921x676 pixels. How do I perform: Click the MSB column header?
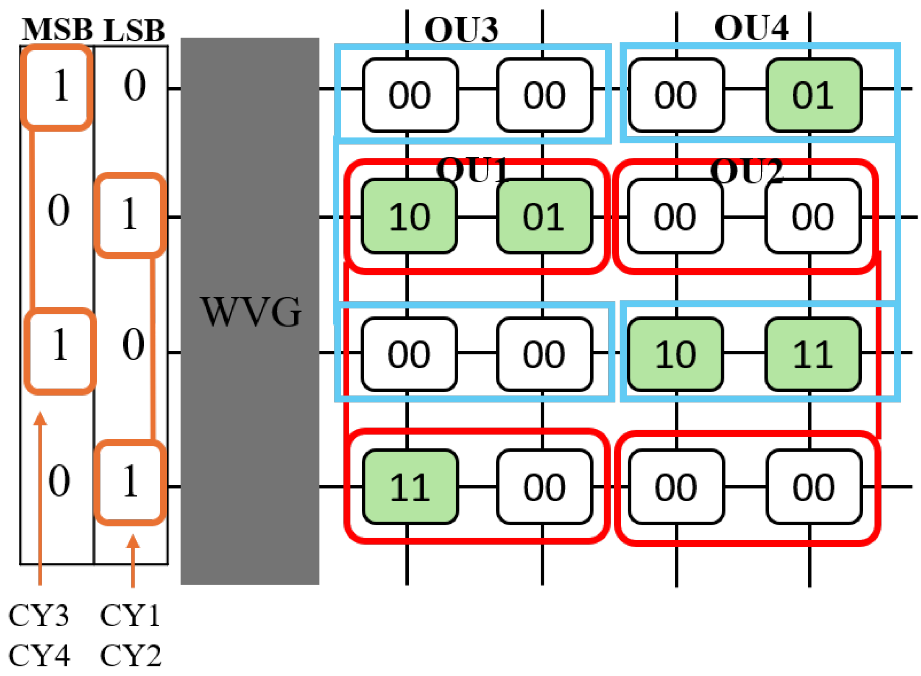(x=57, y=30)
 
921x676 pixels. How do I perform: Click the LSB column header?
(x=134, y=30)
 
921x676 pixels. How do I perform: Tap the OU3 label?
(x=461, y=30)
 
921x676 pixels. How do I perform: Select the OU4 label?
(x=751, y=28)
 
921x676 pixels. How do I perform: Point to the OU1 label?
(x=473, y=169)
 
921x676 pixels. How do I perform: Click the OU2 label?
(x=747, y=171)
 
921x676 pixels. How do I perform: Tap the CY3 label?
(x=39, y=616)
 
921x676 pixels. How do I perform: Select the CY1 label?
(x=130, y=616)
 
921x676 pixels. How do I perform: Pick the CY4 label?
(x=39, y=655)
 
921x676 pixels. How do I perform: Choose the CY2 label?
(x=131, y=655)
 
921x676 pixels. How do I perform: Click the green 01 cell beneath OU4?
(x=814, y=95)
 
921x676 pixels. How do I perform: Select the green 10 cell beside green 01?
(x=409, y=216)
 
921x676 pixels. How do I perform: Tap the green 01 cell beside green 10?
(x=544, y=216)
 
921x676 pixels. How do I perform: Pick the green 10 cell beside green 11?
(x=675, y=354)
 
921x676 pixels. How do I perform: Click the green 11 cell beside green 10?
(x=813, y=354)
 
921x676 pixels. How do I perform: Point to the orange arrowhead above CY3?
(x=40, y=418)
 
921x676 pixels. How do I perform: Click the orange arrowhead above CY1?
(x=133, y=541)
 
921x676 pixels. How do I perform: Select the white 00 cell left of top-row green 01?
(x=676, y=95)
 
